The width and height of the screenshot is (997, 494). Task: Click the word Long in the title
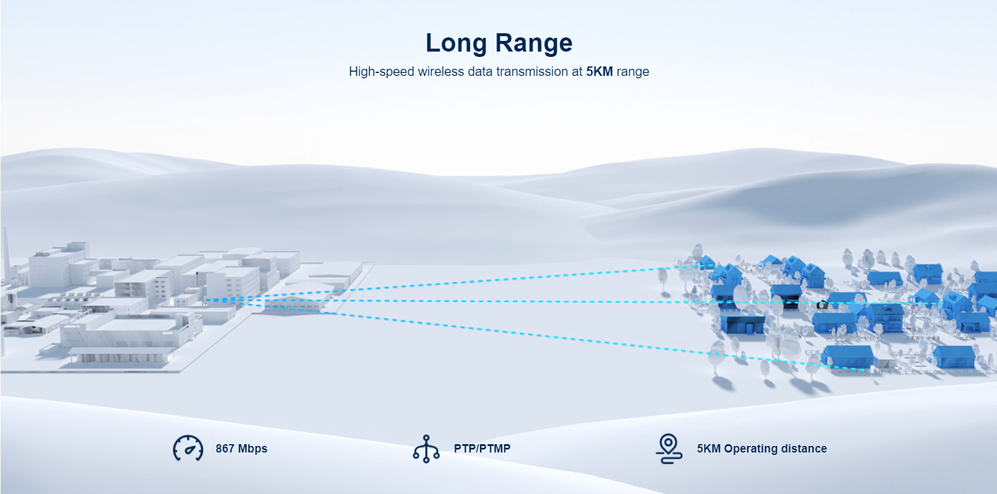(456, 43)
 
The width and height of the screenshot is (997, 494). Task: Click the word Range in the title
(534, 43)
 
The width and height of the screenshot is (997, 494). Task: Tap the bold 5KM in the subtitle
(599, 71)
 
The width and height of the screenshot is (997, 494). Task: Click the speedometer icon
(188, 448)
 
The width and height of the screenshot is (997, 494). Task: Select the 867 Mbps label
(241, 448)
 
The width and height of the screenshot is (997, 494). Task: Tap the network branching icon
(426, 449)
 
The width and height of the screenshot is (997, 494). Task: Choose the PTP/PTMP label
(482, 448)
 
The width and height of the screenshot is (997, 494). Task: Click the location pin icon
(668, 448)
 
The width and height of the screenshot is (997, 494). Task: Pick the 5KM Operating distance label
(762, 448)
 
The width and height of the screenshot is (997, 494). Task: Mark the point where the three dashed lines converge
(205, 301)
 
